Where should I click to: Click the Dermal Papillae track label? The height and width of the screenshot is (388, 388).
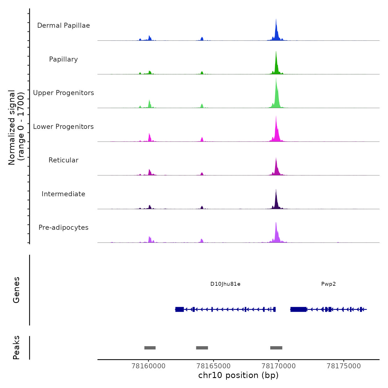pyautogui.click(x=63, y=25)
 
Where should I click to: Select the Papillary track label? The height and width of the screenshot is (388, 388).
pyautogui.click(x=63, y=59)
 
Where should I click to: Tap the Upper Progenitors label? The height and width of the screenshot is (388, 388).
pyautogui.click(x=63, y=93)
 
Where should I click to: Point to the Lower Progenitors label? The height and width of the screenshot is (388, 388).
pyautogui.click(x=63, y=127)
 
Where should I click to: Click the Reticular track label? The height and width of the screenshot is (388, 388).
pyautogui.click(x=63, y=160)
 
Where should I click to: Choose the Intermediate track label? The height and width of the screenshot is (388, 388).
pyautogui.click(x=63, y=194)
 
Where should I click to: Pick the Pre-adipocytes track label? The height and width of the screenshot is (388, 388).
pyautogui.click(x=63, y=228)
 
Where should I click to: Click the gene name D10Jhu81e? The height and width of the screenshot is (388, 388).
pyautogui.click(x=225, y=284)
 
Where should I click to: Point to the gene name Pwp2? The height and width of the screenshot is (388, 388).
pyautogui.click(x=328, y=284)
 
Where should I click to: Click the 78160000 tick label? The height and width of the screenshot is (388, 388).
pyautogui.click(x=149, y=366)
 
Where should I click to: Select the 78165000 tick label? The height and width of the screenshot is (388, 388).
pyautogui.click(x=213, y=366)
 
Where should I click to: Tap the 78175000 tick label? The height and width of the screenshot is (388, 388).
pyautogui.click(x=344, y=366)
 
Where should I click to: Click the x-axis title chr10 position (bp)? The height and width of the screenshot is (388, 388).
pyautogui.click(x=238, y=376)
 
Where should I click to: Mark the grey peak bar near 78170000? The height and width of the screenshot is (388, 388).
pyautogui.click(x=276, y=348)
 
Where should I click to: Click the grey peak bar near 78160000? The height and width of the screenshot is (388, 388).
pyautogui.click(x=150, y=348)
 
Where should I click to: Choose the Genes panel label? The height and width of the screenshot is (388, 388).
pyautogui.click(x=16, y=290)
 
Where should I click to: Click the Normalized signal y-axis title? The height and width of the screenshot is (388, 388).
pyautogui.click(x=16, y=127)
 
